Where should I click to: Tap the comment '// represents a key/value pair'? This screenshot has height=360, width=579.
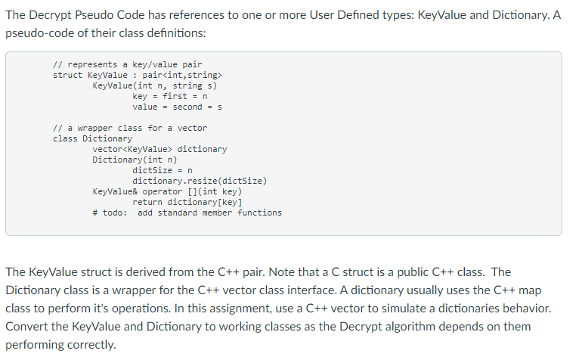[127, 65]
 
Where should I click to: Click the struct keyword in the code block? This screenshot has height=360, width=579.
[68, 76]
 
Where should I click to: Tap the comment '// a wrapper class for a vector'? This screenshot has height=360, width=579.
[129, 129]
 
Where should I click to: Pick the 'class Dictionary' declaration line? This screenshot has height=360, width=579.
[92, 139]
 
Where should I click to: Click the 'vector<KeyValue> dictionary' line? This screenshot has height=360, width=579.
[159, 150]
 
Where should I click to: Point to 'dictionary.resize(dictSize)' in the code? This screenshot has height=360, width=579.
[200, 182]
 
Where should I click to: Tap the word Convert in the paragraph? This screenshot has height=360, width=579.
[28, 327]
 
